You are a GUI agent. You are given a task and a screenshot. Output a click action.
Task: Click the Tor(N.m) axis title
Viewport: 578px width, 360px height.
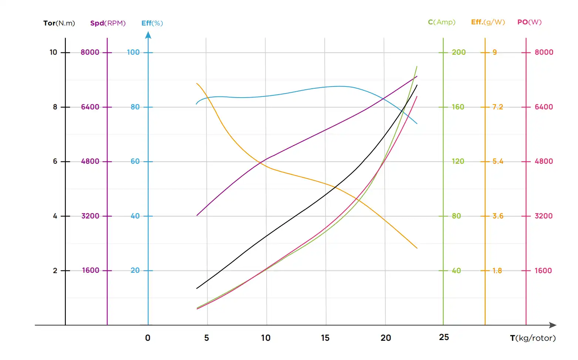(x=59, y=23)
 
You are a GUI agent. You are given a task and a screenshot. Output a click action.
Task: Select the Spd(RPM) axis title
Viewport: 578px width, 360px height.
(x=108, y=23)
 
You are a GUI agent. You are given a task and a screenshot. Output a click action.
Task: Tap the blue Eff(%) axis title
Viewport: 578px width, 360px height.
(x=152, y=23)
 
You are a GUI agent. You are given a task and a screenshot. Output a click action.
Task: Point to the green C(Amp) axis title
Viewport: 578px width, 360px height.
(x=442, y=22)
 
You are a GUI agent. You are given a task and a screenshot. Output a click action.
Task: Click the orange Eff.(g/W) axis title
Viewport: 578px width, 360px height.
(x=488, y=22)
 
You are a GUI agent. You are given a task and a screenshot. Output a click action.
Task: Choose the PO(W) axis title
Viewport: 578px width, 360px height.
(x=529, y=22)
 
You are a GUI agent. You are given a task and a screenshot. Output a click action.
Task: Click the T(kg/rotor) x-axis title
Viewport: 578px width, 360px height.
(x=533, y=338)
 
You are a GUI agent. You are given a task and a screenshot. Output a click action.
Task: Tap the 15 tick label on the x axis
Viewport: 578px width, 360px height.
(x=325, y=338)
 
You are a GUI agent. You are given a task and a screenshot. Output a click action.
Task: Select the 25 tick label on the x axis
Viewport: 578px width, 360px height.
(x=444, y=337)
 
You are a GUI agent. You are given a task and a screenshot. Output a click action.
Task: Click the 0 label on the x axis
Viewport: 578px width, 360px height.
(x=148, y=338)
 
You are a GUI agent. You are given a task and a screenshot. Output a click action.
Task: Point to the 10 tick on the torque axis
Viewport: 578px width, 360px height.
(x=53, y=52)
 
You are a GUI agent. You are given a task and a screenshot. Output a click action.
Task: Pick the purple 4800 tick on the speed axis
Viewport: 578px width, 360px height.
(x=90, y=162)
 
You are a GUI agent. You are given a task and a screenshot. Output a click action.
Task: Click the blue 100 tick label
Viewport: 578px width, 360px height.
(x=133, y=52)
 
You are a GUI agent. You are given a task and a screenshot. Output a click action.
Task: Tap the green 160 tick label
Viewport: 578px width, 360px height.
(x=458, y=107)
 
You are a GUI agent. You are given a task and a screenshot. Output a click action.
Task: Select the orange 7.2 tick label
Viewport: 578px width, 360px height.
(x=497, y=107)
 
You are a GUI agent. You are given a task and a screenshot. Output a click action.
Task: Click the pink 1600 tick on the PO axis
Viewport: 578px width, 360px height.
(x=543, y=271)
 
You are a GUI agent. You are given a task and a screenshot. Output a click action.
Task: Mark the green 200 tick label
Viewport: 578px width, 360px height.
(x=459, y=52)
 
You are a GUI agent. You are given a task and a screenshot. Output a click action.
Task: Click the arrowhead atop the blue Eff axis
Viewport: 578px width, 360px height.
(x=148, y=35)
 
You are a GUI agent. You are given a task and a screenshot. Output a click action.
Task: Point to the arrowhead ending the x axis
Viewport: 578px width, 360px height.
(x=553, y=325)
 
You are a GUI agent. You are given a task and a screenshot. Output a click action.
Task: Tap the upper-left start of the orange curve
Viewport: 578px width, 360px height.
(x=197, y=84)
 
